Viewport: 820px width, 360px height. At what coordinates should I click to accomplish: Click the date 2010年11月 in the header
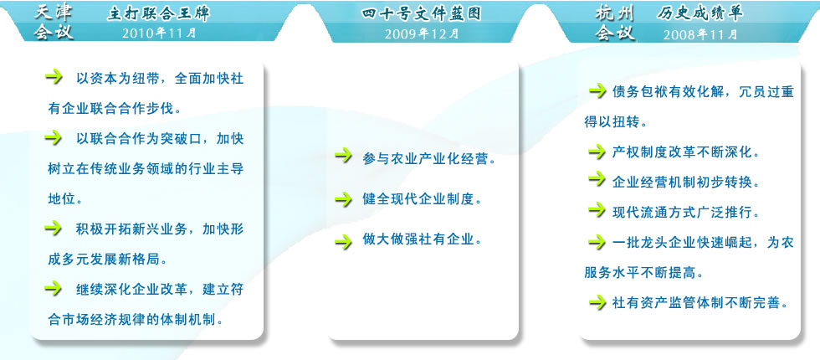click(159, 33)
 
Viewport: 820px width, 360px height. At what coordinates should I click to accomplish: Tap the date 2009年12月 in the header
click(422, 33)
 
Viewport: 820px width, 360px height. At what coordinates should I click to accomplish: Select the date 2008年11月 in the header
click(701, 34)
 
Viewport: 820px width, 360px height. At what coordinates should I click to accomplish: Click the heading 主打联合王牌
click(158, 13)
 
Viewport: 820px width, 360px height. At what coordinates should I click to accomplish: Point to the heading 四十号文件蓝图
click(421, 14)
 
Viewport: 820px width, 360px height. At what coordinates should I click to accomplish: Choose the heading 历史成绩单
click(700, 14)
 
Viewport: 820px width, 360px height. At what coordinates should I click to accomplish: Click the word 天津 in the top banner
click(54, 13)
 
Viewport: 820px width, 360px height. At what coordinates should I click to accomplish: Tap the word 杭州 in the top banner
click(615, 14)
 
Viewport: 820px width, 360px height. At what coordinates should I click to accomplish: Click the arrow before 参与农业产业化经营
click(344, 155)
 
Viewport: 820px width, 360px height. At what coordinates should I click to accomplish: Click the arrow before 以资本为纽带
click(54, 77)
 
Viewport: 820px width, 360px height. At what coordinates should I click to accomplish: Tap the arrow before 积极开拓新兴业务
click(54, 228)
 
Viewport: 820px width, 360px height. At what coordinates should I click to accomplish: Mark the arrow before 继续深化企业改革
click(54, 287)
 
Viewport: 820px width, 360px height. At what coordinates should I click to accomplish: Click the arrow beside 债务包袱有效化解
click(597, 91)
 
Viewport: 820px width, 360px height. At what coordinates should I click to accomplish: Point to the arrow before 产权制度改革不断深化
click(597, 152)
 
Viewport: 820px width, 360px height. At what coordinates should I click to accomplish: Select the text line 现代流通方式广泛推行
click(685, 213)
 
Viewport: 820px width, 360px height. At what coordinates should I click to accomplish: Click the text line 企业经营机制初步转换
click(685, 183)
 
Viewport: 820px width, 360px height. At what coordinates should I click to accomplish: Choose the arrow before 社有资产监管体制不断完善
click(597, 302)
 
